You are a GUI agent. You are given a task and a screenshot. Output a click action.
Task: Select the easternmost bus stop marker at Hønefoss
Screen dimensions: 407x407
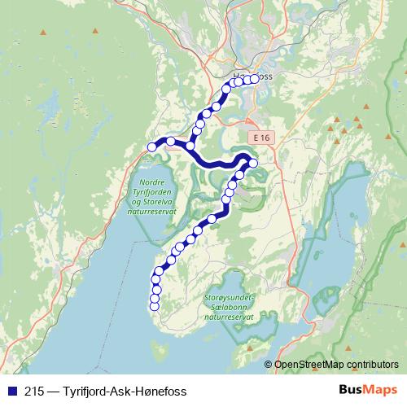pos(254,78)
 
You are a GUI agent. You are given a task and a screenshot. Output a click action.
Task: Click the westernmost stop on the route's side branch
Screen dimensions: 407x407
pos(151,147)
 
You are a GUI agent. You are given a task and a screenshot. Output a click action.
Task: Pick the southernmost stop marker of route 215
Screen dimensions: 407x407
pos(154,307)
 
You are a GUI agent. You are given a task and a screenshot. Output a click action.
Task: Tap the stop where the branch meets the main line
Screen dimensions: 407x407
pos(190,146)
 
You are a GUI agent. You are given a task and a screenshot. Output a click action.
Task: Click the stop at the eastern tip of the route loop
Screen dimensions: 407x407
pos(252,164)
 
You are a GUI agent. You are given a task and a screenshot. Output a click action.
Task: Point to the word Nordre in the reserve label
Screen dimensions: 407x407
pos(153,182)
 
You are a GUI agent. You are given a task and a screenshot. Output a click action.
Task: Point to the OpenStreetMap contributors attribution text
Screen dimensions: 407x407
pos(336,364)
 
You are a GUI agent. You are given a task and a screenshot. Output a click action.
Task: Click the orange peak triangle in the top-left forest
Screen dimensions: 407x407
pos(94,31)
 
